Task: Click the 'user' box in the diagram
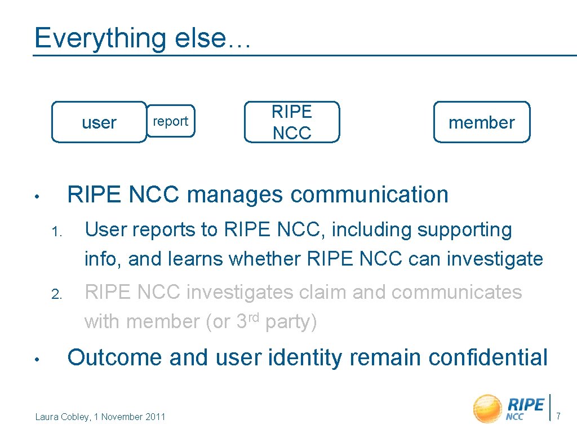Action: coord(99,122)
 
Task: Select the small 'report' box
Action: coord(170,121)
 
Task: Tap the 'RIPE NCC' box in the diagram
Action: coord(292,122)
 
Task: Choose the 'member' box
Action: coord(482,122)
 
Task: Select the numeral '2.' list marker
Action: coord(56,294)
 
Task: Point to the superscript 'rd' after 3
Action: coord(254,317)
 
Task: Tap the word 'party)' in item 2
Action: coord(291,322)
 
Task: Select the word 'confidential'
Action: coord(487,357)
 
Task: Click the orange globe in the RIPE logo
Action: coord(487,408)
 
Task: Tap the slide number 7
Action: coord(558,417)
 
